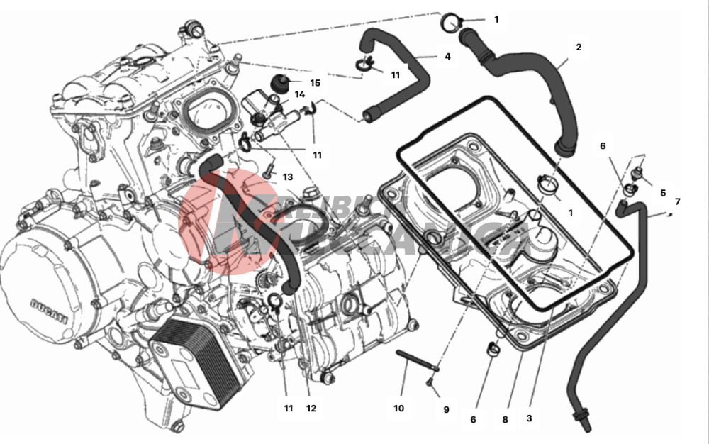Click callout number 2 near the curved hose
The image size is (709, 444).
click(579, 48)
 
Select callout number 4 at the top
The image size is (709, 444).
click(447, 56)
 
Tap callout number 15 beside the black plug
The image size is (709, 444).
click(315, 83)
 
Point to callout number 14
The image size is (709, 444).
click(300, 94)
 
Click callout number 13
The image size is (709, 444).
click(288, 177)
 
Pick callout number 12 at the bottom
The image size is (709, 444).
click(311, 408)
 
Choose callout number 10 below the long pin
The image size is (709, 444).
click(398, 408)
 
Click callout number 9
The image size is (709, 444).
click(446, 409)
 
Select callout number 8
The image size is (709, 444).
click(505, 419)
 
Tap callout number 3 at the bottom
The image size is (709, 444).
click(529, 418)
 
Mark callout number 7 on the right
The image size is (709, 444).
click(677, 201)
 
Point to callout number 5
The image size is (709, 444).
click(663, 192)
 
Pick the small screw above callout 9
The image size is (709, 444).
click(430, 384)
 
